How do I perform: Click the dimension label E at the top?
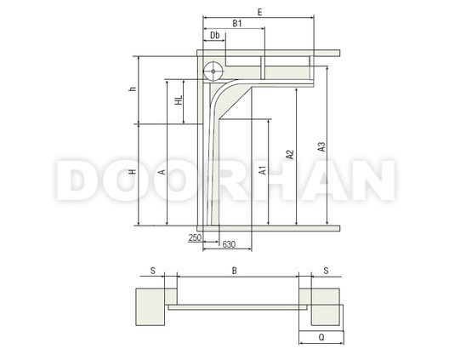pos(259,12)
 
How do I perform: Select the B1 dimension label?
pos(237,24)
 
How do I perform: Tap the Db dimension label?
pos(215,35)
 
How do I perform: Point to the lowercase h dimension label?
pos(133,89)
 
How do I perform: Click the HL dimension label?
pos(179,100)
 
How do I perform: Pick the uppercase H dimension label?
pos(133,172)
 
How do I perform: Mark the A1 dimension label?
pos(263,170)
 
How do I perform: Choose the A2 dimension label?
pos(290,154)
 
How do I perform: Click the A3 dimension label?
pos(321,147)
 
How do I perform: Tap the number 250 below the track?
pos(195,237)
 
